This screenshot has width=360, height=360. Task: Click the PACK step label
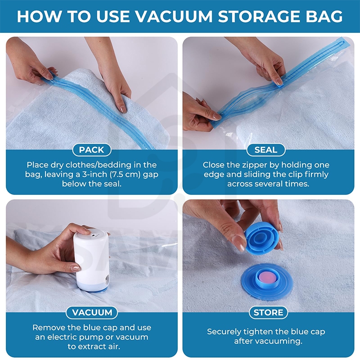tap(92, 150)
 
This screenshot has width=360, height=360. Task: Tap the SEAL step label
tap(266, 150)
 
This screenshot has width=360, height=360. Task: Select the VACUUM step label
tap(92, 312)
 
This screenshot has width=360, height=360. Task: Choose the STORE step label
tap(268, 312)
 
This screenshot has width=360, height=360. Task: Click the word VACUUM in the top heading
tap(174, 16)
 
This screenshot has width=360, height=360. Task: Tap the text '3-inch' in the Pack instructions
tap(94, 175)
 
